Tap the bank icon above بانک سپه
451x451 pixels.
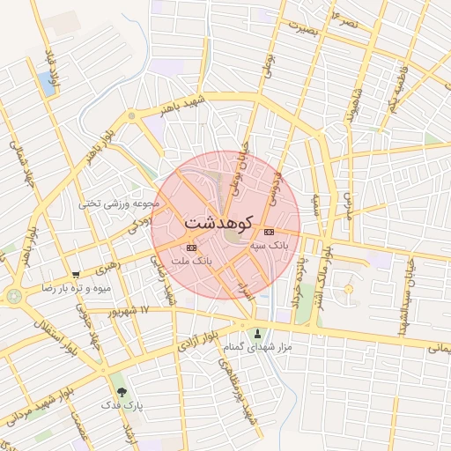click(x=269, y=232)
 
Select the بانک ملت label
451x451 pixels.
click(x=192, y=262)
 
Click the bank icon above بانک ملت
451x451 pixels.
click(x=192, y=249)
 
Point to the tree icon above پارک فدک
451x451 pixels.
click(x=122, y=391)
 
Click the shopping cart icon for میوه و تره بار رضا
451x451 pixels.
click(x=76, y=275)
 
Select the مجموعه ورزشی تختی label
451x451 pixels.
click(x=119, y=203)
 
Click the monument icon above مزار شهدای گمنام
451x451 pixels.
click(x=257, y=334)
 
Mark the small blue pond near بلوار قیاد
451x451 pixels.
click(x=47, y=84)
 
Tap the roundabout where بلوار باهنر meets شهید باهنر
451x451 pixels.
click(x=131, y=115)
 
